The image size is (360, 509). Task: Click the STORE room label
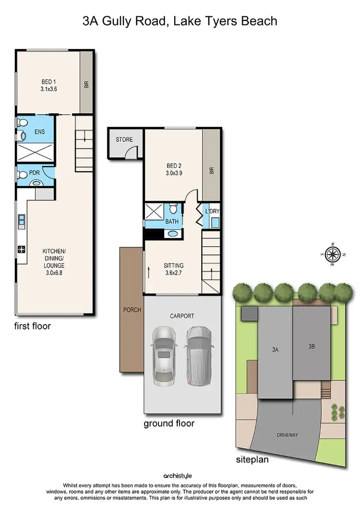[124, 140]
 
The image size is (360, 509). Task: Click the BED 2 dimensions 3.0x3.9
[173, 175]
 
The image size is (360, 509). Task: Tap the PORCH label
[132, 310]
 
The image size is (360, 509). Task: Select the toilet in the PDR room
[36, 183]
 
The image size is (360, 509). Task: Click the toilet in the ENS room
[22, 136]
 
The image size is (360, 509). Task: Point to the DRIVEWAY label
[287, 435]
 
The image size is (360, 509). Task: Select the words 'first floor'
[32, 326]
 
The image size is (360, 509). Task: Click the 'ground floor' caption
[169, 423]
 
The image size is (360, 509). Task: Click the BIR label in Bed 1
[86, 84]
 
